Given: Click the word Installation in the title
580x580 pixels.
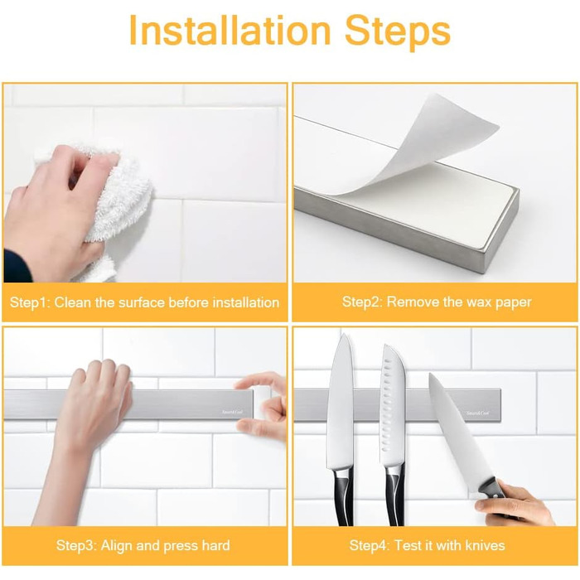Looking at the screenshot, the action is click(x=230, y=31).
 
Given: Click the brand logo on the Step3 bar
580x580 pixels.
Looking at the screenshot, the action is click(x=232, y=412).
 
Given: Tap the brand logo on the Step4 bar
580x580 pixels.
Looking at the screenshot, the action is click(x=477, y=413).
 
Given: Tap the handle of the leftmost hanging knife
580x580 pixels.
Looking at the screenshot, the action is click(x=343, y=497).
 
